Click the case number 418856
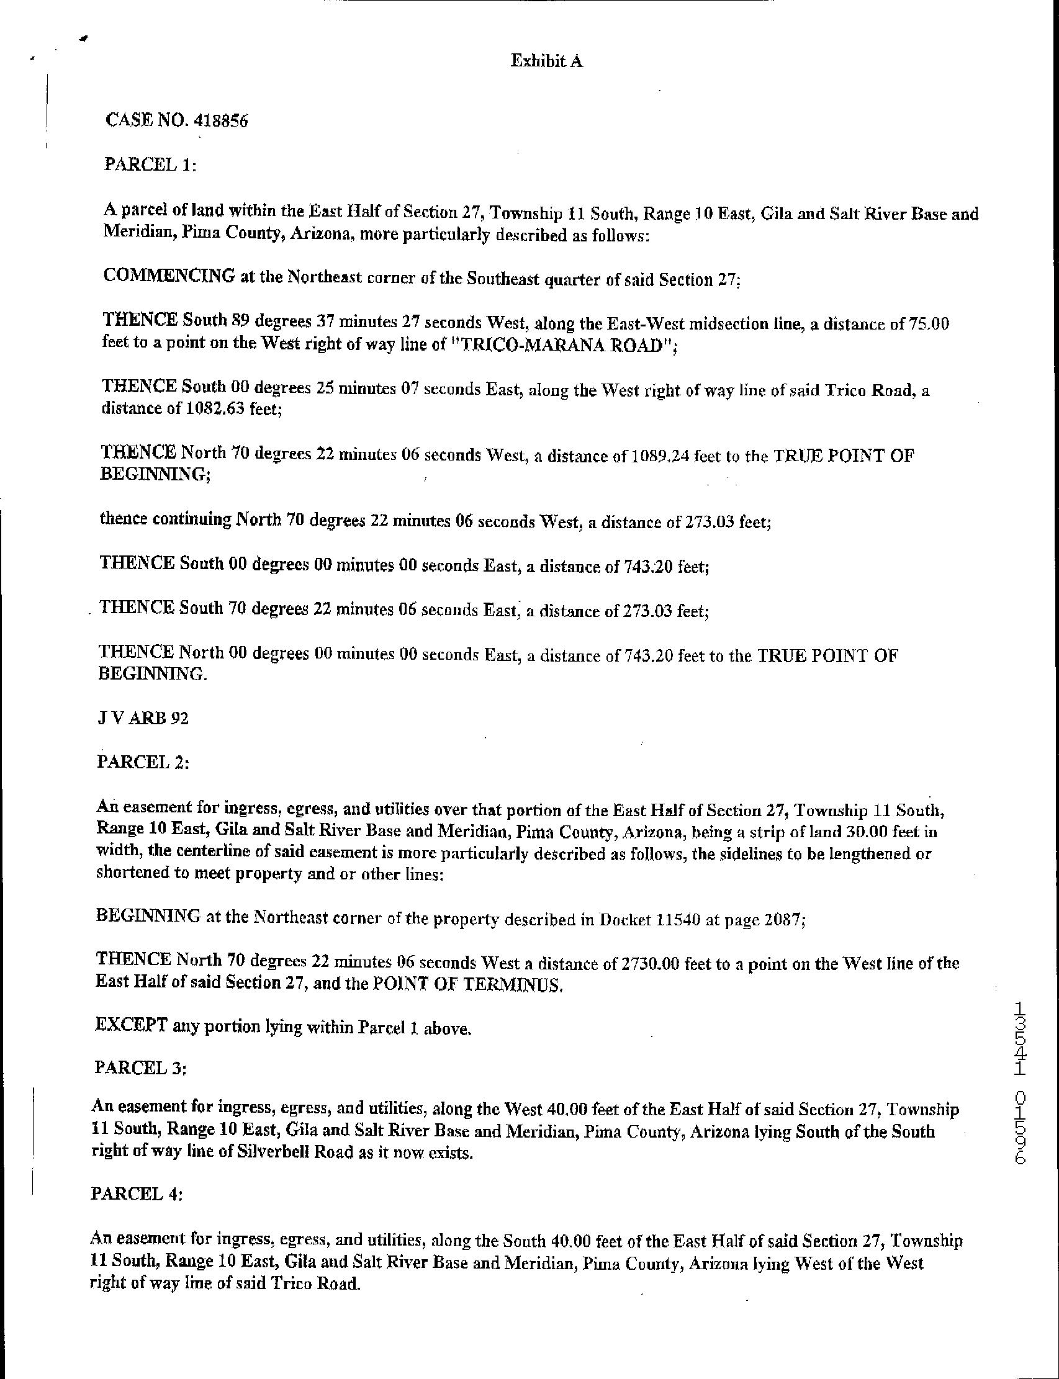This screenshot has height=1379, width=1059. coord(222,120)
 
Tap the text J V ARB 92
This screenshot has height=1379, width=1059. coord(142,718)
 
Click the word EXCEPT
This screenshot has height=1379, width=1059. coord(130,1026)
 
